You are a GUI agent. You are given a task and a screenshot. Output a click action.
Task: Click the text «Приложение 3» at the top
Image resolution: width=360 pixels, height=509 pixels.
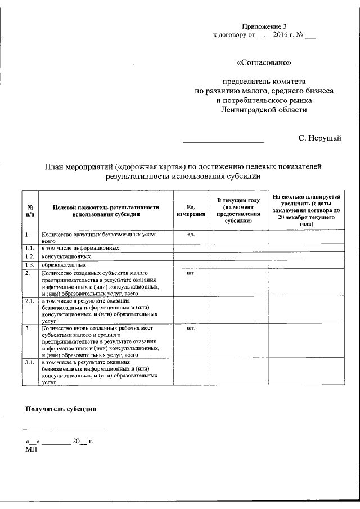[x=264, y=26]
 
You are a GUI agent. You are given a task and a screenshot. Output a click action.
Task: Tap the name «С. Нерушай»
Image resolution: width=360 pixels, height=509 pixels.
[x=319, y=137]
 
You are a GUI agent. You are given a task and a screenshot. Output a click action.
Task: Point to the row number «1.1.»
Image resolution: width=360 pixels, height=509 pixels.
[x=30, y=248]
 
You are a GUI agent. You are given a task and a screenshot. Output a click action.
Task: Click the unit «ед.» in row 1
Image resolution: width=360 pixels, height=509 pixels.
[x=191, y=233]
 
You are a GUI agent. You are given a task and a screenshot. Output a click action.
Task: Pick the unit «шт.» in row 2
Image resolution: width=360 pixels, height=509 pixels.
[x=191, y=273]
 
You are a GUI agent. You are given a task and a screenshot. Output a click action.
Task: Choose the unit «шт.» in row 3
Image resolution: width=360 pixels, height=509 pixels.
[x=191, y=327]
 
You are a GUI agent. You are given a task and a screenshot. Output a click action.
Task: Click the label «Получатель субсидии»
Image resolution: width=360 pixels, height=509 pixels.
[x=60, y=409]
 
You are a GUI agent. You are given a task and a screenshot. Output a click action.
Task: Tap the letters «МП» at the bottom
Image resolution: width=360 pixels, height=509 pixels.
[x=31, y=450]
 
